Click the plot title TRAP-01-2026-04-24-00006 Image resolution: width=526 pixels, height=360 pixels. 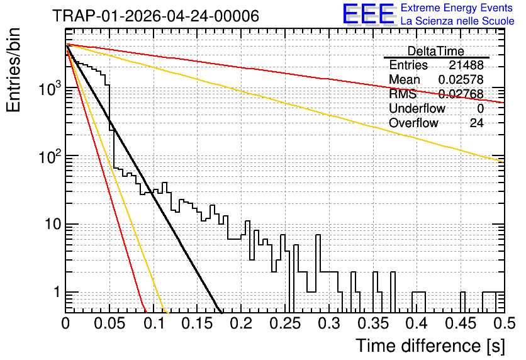click(156, 16)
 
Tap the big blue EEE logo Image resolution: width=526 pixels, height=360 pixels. click(368, 14)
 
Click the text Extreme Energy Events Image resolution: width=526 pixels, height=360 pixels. click(457, 8)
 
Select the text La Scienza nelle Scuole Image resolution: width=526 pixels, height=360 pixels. click(457, 21)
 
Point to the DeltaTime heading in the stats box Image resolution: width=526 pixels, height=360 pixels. click(436, 51)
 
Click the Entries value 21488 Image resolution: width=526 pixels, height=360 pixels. click(466, 65)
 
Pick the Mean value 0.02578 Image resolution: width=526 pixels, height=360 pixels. click(461, 79)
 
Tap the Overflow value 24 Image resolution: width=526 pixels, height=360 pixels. click(476, 123)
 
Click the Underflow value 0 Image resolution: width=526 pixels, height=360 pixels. click(480, 108)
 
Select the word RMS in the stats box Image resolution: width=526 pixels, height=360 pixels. click(403, 94)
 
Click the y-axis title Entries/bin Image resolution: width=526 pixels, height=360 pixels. click(13, 70)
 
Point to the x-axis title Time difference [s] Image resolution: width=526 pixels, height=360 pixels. click(430, 346)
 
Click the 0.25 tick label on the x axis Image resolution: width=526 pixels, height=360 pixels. click(286, 323)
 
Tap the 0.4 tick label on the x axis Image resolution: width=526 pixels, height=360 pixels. click(417, 323)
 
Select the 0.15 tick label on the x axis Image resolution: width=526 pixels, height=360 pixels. click(198, 323)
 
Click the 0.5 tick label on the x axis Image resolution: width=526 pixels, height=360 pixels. click(504, 323)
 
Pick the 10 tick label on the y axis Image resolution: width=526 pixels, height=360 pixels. click(53, 224)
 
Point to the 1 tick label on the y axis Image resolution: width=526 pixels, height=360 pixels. click(57, 292)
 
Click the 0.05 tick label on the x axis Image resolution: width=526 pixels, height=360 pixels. click(110, 323)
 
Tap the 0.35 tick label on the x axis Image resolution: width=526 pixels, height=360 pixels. click(374, 323)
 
